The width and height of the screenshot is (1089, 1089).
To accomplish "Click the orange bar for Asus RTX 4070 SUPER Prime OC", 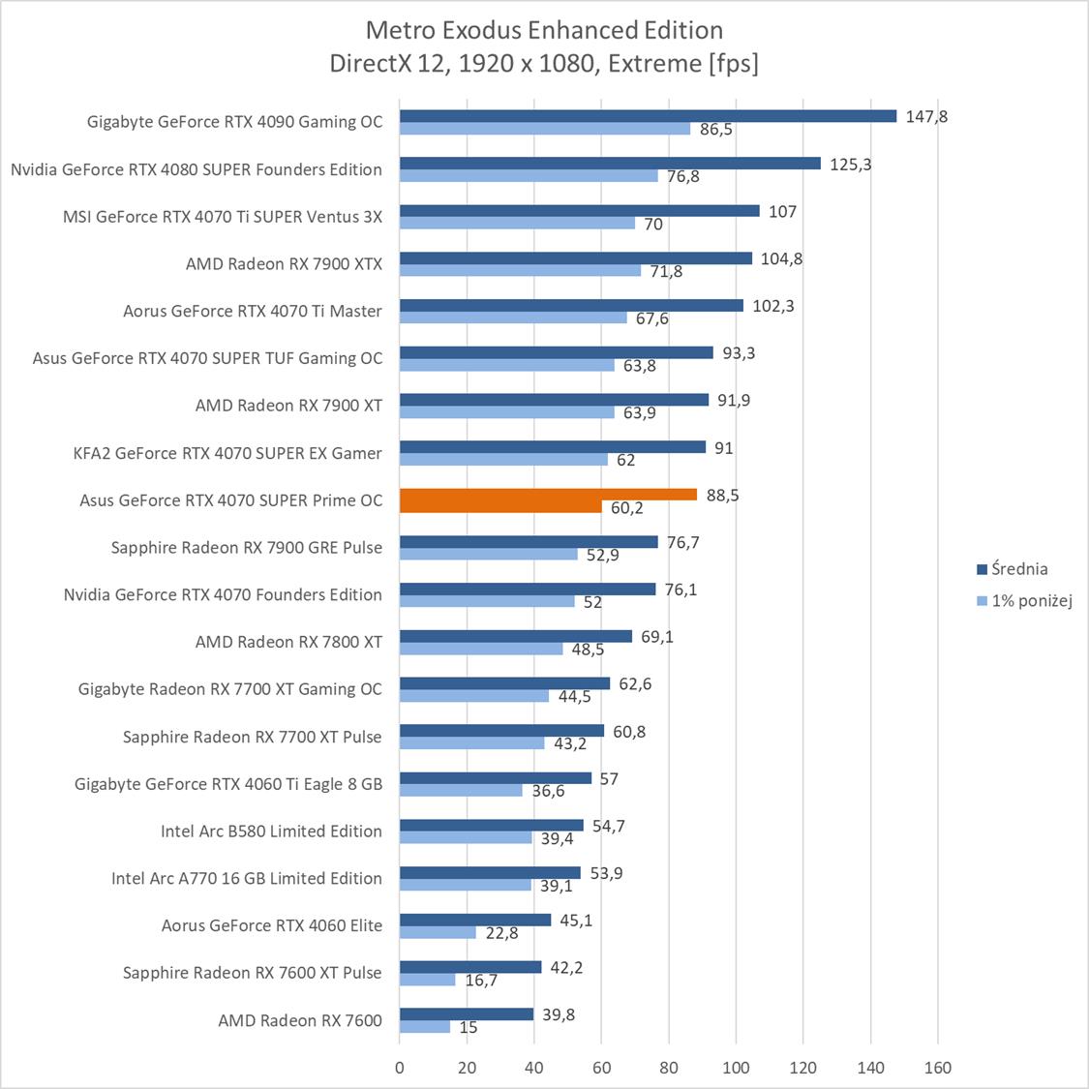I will pyautogui.click(x=548, y=495).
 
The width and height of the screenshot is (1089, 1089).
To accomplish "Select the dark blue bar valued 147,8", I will pyautogui.click(x=648, y=116).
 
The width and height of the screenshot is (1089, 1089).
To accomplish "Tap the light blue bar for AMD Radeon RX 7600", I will pyautogui.click(x=425, y=1027).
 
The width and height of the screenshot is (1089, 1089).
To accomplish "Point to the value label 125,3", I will pyautogui.click(x=850, y=165).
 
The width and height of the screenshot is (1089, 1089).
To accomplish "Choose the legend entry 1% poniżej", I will pyautogui.click(x=1031, y=601).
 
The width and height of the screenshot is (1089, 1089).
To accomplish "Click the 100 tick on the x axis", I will pyautogui.click(x=736, y=1069).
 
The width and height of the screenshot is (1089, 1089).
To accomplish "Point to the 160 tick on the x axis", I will pyautogui.click(x=937, y=1069).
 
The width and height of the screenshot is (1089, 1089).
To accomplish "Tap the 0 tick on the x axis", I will pyautogui.click(x=400, y=1069).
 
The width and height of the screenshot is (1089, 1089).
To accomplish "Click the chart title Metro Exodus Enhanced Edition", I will pyautogui.click(x=544, y=30).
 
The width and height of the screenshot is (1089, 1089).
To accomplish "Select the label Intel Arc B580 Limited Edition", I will pyautogui.click(x=271, y=832).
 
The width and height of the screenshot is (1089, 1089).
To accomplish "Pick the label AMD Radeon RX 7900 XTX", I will pyautogui.click(x=284, y=263).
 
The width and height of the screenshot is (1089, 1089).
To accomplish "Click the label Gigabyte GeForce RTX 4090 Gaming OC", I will pyautogui.click(x=234, y=122).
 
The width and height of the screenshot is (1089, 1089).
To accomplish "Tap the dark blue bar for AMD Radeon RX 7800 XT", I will pyautogui.click(x=515, y=636).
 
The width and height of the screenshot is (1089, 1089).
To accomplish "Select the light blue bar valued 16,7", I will pyautogui.click(x=427, y=980).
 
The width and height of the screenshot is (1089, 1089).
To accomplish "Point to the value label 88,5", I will pyautogui.click(x=723, y=496).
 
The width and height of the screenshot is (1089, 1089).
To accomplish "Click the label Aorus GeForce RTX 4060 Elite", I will pyautogui.click(x=271, y=925).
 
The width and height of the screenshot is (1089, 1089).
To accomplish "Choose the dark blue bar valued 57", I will pyautogui.click(x=495, y=778).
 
